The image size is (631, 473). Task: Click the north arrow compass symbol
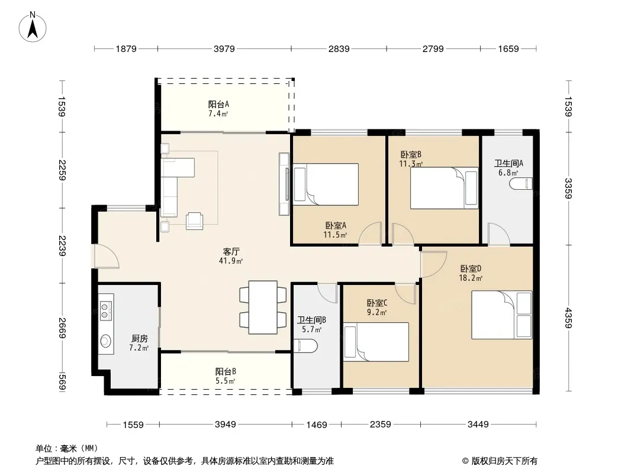click(32, 27)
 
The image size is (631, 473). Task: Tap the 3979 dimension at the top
click(224, 48)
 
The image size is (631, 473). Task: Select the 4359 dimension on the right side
click(568, 318)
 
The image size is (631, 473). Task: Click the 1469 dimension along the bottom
click(317, 425)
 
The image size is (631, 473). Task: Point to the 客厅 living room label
click(231, 251)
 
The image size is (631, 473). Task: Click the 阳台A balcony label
click(218, 105)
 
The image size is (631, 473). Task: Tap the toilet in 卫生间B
click(305, 346)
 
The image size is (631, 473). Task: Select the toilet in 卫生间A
click(521, 184)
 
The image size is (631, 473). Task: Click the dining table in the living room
click(263, 307)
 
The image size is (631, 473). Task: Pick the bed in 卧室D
click(502, 315)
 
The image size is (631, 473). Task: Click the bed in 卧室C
click(376, 342)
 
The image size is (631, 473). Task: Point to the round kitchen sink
click(106, 341)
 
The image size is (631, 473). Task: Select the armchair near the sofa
click(194, 221)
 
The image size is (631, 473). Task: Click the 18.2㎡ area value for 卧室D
click(471, 278)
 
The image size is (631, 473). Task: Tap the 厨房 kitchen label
click(140, 339)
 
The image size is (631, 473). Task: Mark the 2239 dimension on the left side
click(62, 245)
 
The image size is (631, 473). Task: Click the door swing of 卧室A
click(370, 233)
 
